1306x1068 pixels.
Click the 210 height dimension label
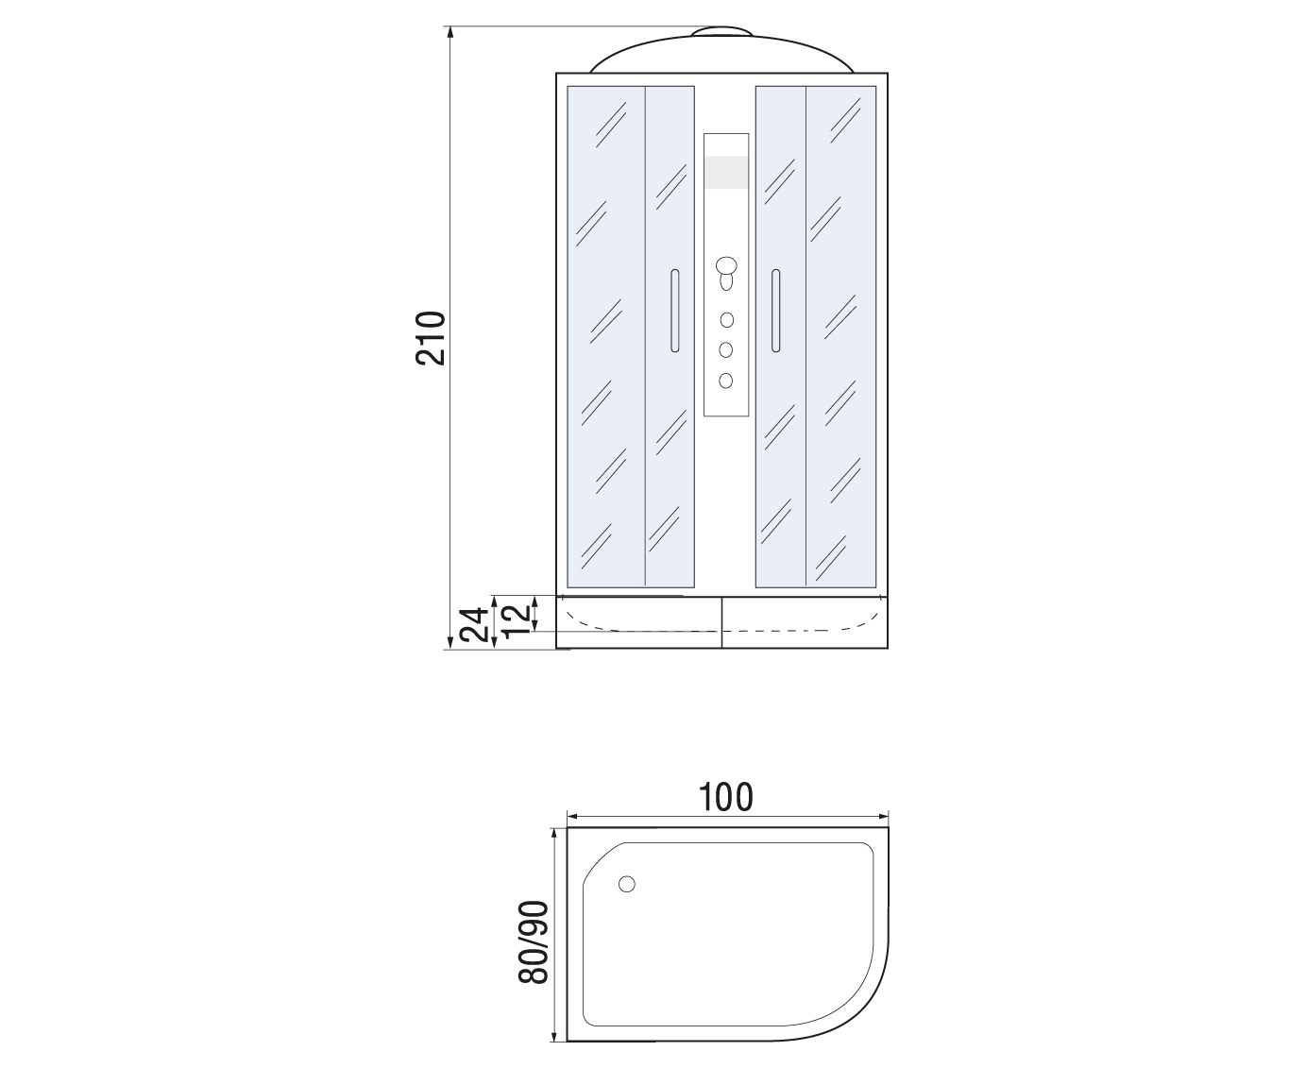(431, 338)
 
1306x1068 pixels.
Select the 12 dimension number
(517, 618)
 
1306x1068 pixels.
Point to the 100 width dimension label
(726, 797)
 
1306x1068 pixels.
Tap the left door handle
(675, 311)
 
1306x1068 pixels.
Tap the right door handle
(775, 311)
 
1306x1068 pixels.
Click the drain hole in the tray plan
(627, 884)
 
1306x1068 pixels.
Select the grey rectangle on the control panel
(726, 172)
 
